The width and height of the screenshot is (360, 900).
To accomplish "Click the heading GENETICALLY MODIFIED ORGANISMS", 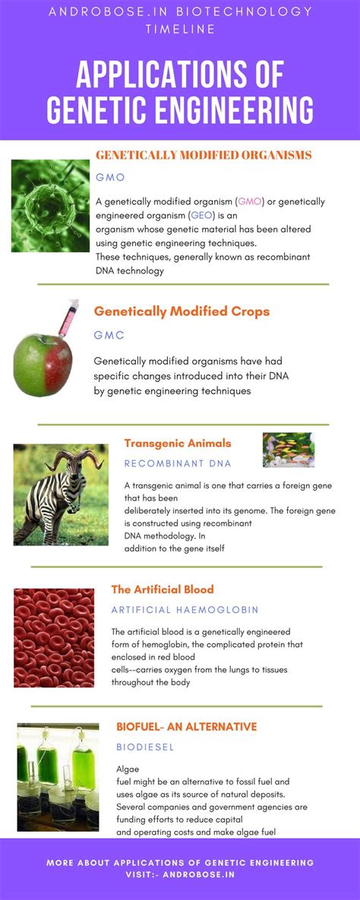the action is pos(204,155).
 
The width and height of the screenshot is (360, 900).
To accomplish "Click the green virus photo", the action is pos(51,206).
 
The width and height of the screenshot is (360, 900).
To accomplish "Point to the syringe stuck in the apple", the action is pos(67,319).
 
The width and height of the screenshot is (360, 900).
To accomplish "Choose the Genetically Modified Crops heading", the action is pos(182,311).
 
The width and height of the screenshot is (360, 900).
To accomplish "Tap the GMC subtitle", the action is pos(109,335).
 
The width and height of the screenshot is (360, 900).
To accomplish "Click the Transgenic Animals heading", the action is pos(178,443).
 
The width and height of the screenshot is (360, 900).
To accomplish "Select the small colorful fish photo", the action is pos(289,450).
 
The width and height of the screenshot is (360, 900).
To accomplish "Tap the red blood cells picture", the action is pos(54,638).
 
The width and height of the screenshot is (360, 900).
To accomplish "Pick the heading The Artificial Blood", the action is pos(163,589).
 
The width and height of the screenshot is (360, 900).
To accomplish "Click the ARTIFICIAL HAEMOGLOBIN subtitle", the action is pos(185,610).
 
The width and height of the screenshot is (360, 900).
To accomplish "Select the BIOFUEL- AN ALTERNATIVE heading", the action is pos(187,727).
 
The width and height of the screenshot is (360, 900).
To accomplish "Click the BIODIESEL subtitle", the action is pos(145,747).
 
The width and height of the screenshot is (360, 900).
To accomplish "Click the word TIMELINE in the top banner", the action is pos(180,29).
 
